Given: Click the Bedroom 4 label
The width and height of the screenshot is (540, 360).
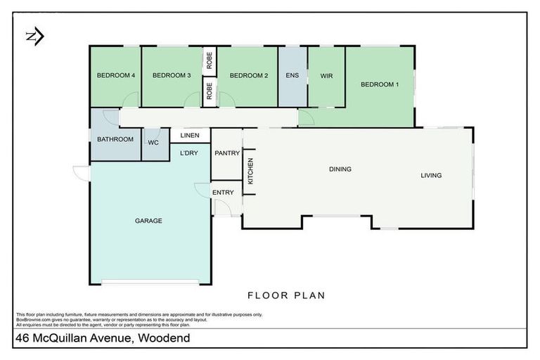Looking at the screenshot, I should (x=115, y=75).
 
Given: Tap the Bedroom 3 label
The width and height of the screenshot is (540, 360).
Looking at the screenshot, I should (x=172, y=75).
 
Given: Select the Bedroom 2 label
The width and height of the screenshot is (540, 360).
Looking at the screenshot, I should (x=249, y=75).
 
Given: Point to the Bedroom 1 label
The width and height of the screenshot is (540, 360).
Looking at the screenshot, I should (x=380, y=85).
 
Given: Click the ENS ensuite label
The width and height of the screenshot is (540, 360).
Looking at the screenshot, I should (x=292, y=75).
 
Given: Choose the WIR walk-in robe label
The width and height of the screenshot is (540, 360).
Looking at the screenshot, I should (x=326, y=75).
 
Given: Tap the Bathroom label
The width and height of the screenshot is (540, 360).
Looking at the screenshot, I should (x=115, y=139).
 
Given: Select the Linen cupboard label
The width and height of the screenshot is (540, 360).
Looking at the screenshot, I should (x=190, y=136).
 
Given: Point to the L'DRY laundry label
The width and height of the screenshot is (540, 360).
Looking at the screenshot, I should (x=189, y=153).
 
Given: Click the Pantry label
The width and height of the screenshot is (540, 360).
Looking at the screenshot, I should (x=227, y=153).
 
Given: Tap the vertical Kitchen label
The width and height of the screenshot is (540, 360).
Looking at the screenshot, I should (x=250, y=172).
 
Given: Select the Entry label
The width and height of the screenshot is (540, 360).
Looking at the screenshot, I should (x=223, y=193).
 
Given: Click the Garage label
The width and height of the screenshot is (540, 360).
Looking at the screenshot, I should (x=148, y=221).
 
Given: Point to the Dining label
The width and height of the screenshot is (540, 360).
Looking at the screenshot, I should (x=340, y=169).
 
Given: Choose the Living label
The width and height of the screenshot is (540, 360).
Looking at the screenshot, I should (x=431, y=175).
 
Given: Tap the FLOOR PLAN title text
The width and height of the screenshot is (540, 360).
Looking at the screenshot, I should (x=285, y=295).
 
